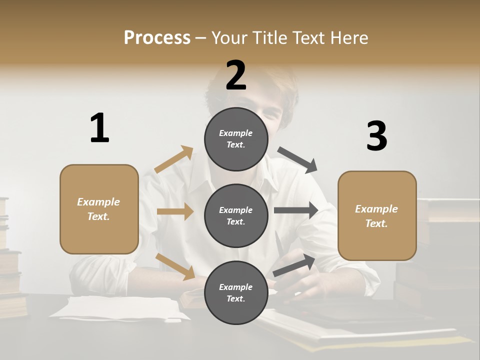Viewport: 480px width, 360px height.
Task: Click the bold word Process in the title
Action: click(x=157, y=37)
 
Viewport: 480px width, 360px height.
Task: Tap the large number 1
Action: click(x=99, y=128)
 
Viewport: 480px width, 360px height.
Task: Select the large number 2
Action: click(x=236, y=75)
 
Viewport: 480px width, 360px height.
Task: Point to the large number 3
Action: click(x=376, y=136)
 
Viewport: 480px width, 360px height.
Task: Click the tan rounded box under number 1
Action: click(x=99, y=209)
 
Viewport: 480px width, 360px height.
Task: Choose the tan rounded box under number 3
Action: click(x=377, y=215)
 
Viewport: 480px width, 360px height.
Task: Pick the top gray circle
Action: click(x=236, y=139)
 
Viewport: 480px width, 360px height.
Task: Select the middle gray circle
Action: click(x=236, y=215)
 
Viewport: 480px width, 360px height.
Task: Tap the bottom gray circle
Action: click(x=236, y=292)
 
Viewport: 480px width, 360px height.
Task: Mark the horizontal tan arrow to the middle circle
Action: click(x=175, y=211)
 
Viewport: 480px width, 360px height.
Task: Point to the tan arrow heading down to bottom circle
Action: click(x=175, y=266)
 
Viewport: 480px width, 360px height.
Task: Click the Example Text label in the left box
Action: click(x=98, y=209)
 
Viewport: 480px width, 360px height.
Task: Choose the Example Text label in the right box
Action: click(x=376, y=216)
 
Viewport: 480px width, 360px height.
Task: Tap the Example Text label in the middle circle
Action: click(x=236, y=215)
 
